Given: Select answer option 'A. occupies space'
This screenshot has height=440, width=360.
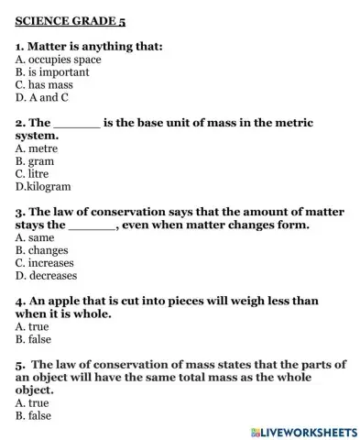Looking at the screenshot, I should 58,60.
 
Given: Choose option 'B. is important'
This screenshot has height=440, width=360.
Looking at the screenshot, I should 52,71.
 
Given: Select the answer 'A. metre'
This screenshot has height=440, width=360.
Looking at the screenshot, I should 38,147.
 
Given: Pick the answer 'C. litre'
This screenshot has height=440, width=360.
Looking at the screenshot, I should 33,172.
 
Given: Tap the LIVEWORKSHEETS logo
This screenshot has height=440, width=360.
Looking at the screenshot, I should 302,430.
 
